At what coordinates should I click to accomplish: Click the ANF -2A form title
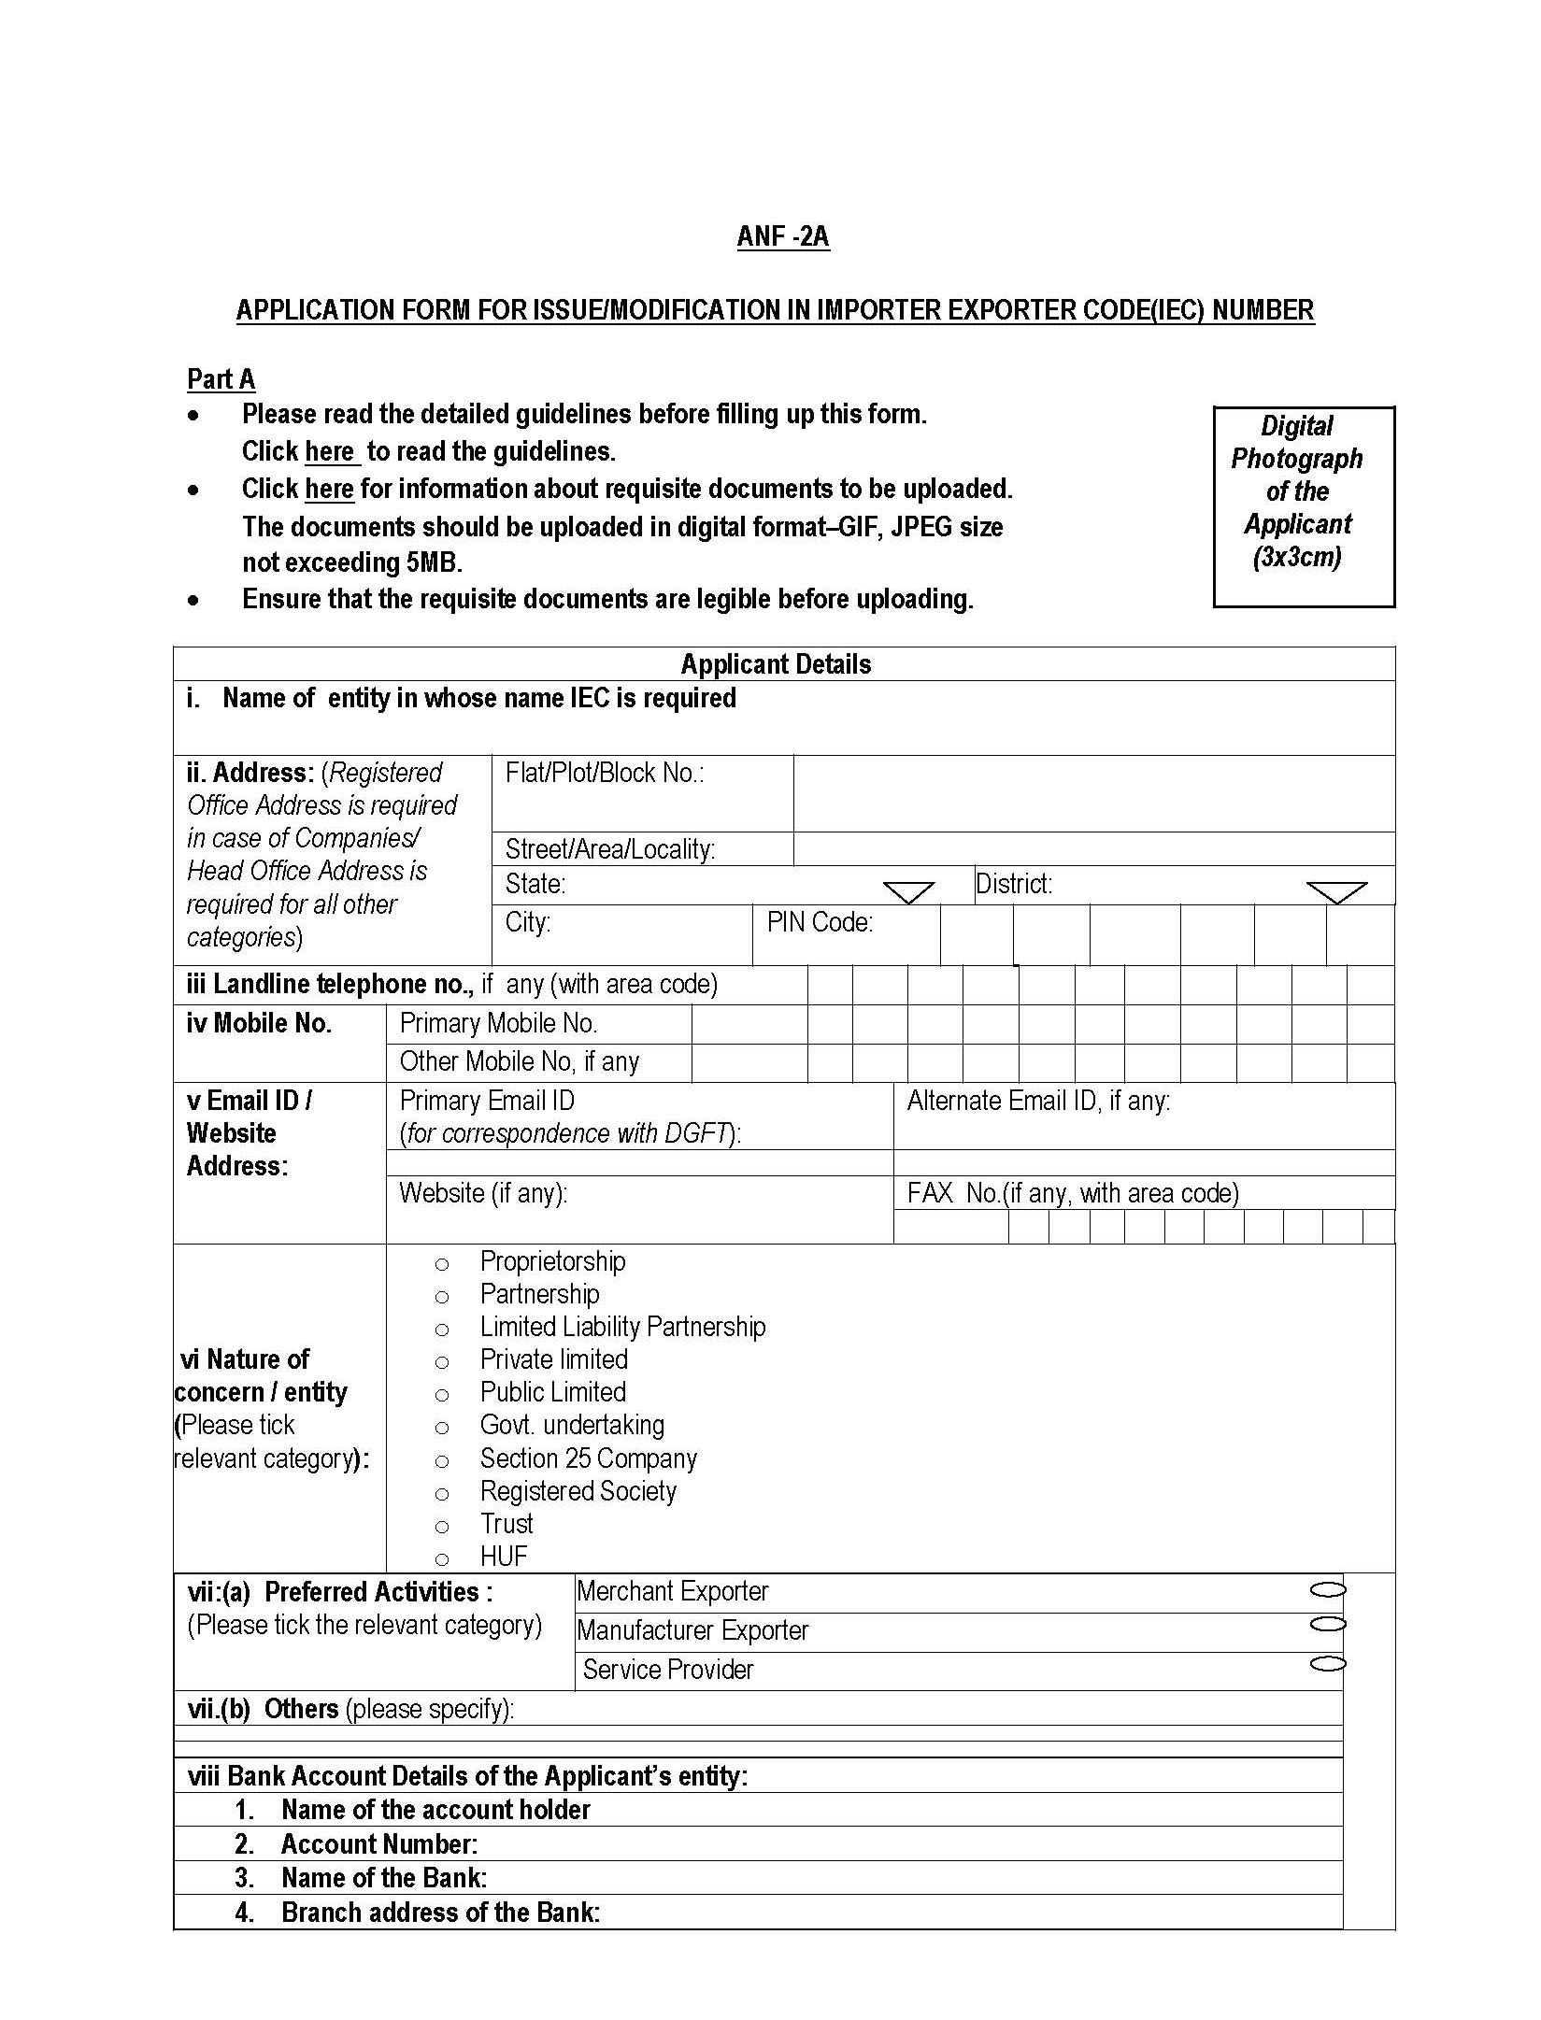[782, 237]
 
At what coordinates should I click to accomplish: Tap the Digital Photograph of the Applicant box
[1303, 506]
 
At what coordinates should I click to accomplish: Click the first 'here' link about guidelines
[331, 452]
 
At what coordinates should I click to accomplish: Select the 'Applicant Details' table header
[776, 664]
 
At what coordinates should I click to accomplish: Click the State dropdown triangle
[908, 892]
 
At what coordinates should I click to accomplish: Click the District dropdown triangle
[1336, 892]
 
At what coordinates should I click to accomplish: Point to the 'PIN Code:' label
[820, 923]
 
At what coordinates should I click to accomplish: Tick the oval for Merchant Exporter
[1327, 1589]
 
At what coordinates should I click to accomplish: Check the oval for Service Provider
[1327, 1664]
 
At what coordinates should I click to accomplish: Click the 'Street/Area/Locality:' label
[609, 849]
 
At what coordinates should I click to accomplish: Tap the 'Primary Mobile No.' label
[498, 1024]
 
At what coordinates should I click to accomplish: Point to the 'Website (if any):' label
[483, 1194]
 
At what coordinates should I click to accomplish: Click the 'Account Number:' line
[378, 1844]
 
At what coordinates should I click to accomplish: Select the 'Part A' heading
[221, 379]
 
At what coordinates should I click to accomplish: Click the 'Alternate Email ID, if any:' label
[1038, 1102]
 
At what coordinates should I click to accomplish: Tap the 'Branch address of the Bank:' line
[440, 1913]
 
